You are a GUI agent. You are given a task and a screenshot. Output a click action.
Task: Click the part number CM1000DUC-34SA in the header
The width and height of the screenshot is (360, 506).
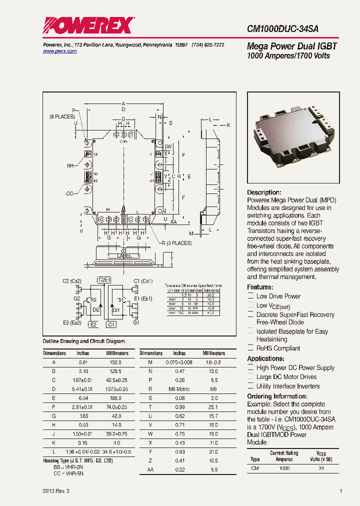coord(283,29)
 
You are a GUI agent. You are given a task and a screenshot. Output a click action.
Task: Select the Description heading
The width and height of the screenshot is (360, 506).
coord(264,192)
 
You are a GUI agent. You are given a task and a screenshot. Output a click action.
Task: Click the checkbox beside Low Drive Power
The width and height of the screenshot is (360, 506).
coord(250,296)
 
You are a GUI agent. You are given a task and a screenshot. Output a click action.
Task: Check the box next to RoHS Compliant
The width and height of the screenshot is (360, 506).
coord(250,348)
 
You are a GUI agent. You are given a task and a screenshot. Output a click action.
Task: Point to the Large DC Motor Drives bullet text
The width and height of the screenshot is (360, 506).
coord(286,377)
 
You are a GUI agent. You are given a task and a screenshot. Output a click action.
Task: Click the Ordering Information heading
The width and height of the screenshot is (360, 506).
coord(277,396)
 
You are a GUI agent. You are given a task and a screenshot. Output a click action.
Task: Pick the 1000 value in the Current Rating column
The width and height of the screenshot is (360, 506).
coord(284,468)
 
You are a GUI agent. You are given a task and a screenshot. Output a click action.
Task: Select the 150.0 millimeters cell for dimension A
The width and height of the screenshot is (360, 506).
coord(115,361)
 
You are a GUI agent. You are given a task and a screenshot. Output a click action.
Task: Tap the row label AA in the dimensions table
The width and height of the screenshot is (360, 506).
coord(150,469)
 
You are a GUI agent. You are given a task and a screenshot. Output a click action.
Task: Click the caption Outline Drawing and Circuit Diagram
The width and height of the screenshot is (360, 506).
coord(83,341)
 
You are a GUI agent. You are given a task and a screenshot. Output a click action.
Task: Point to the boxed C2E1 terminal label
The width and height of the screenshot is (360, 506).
coord(104,279)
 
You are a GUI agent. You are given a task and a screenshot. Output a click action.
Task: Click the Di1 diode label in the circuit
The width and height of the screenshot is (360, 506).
coord(116,310)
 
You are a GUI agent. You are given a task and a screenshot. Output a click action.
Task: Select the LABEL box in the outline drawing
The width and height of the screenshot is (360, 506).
coord(124,256)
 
